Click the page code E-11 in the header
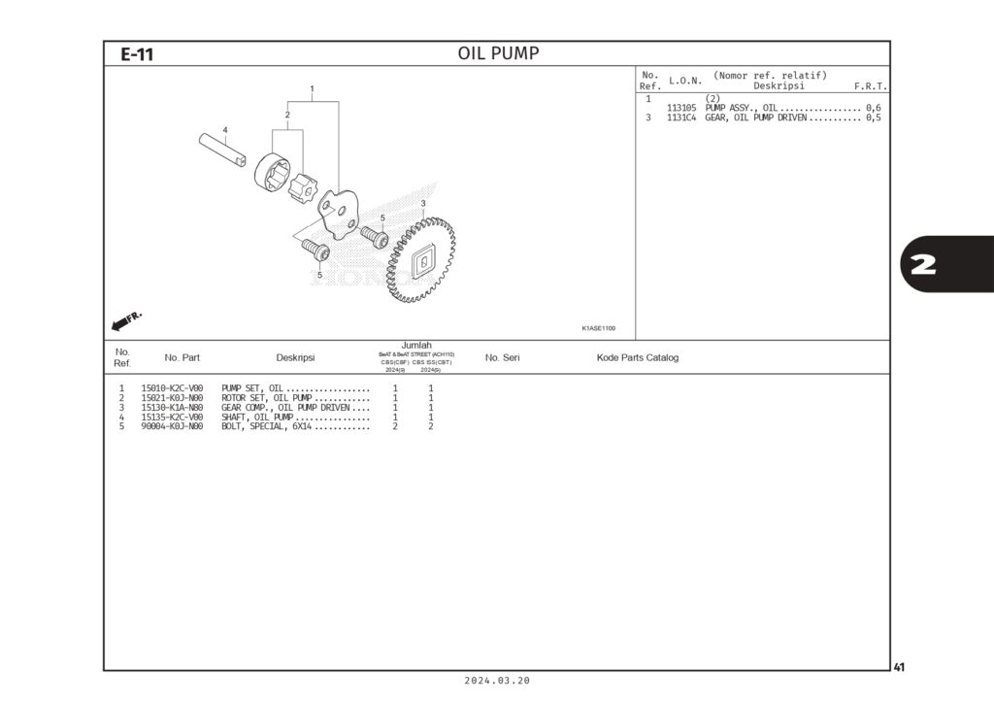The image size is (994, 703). (x=137, y=54)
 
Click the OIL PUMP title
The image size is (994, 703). (x=498, y=53)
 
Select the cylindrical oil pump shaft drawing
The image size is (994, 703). (x=224, y=149)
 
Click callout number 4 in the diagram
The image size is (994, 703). (x=224, y=129)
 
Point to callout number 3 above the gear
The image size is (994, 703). (x=423, y=203)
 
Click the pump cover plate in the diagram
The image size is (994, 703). (x=339, y=214)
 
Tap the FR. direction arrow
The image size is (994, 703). (x=127, y=319)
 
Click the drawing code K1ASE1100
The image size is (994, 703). (x=599, y=328)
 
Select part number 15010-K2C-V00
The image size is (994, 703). (x=172, y=388)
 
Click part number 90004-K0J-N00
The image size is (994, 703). (x=172, y=426)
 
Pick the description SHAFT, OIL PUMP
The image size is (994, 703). (x=257, y=417)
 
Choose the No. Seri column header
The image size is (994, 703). (x=502, y=357)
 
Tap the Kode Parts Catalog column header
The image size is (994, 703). (x=637, y=357)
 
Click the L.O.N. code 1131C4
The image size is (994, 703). (x=681, y=117)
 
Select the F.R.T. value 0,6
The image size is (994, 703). (x=873, y=108)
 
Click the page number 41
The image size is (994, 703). (x=899, y=667)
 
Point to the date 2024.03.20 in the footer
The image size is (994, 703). (x=497, y=682)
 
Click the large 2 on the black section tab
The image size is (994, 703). (x=924, y=264)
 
